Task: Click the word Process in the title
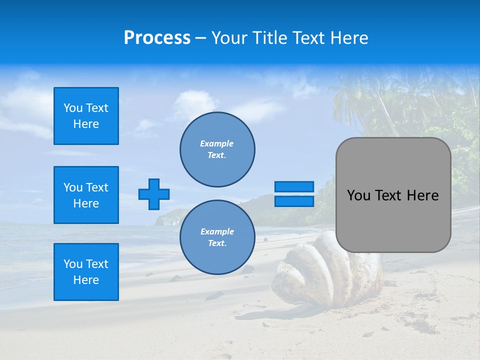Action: (x=157, y=38)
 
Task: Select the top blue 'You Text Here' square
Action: (x=86, y=116)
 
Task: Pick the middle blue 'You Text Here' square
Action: (x=86, y=195)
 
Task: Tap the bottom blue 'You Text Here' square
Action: (x=86, y=272)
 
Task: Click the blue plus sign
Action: (x=154, y=194)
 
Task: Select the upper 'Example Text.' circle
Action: (x=217, y=149)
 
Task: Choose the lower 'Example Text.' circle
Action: (x=217, y=237)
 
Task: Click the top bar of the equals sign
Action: (x=294, y=187)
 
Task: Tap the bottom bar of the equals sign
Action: (x=294, y=201)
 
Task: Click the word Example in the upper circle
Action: (x=216, y=143)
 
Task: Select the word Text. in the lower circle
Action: (x=217, y=243)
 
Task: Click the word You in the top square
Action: (x=73, y=108)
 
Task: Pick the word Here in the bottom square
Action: (x=86, y=280)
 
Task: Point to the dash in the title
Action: (x=200, y=38)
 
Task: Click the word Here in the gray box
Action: (x=422, y=195)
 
